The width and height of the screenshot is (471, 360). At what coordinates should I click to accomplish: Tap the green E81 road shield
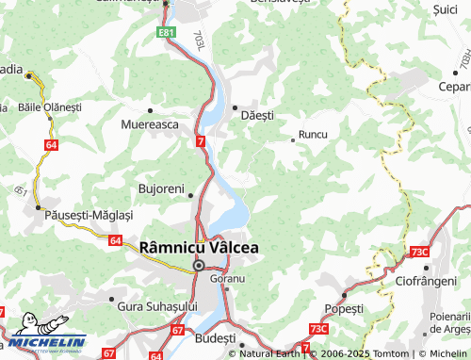tap(167, 33)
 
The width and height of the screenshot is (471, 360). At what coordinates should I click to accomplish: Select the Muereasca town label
tap(151, 123)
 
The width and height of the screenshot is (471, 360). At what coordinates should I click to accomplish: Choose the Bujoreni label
tap(161, 188)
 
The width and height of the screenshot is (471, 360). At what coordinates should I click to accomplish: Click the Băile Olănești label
tap(51, 107)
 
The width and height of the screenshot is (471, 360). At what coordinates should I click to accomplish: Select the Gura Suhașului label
tap(156, 306)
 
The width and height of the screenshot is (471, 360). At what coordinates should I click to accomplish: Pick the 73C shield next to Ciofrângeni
tap(419, 252)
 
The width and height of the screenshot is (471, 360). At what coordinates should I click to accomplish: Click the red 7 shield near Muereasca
tap(201, 141)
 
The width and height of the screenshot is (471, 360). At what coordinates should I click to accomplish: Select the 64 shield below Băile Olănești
tap(50, 144)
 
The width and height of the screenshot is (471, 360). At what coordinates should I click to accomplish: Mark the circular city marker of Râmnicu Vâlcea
tap(199, 266)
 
